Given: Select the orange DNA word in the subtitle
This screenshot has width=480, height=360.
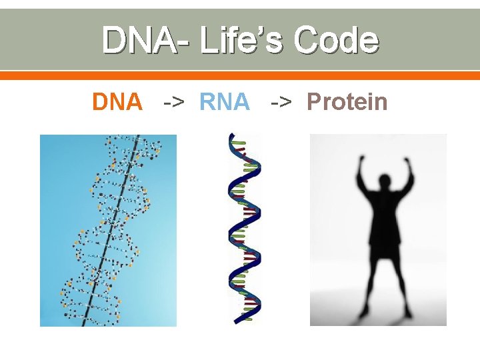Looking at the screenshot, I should (117, 102).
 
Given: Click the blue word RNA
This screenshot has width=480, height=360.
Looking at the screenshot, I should (224, 102).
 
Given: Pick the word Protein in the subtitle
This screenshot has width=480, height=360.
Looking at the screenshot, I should (347, 102).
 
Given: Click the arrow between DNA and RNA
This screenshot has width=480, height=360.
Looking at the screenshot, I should (174, 103).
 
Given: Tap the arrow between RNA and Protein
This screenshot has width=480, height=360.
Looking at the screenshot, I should (281, 103).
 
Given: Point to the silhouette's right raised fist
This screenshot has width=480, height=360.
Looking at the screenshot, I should (408, 161).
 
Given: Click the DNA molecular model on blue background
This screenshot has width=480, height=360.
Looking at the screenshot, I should (108, 230).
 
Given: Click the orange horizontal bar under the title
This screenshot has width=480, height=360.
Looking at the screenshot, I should (240, 76).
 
